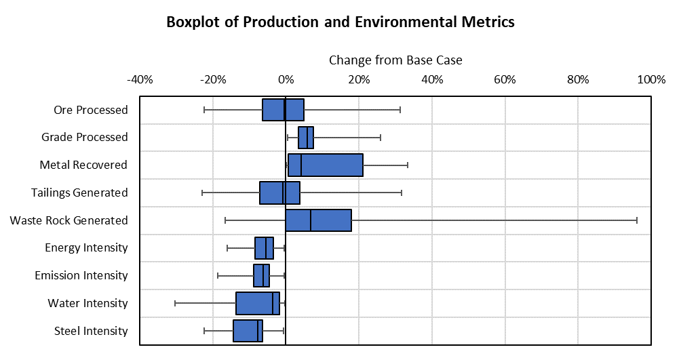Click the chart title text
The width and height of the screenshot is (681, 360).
(x=340, y=22)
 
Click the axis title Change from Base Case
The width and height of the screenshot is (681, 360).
(x=395, y=60)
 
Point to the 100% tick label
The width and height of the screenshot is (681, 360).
(x=651, y=79)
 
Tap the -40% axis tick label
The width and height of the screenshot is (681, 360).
(x=140, y=79)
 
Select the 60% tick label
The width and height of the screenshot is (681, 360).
(x=505, y=79)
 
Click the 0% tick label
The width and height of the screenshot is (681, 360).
(x=286, y=79)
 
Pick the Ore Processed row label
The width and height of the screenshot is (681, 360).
(x=90, y=110)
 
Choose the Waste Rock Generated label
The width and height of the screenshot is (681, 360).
(x=69, y=220)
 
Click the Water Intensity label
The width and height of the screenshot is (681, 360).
(x=87, y=303)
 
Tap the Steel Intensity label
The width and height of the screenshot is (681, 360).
(x=91, y=331)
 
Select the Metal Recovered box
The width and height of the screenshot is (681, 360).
(x=325, y=165)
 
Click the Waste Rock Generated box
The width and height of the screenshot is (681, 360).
(x=318, y=220)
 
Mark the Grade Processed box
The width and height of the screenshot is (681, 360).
(x=306, y=138)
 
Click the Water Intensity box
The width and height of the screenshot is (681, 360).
(x=257, y=303)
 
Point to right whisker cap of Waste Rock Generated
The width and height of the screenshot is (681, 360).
(x=637, y=220)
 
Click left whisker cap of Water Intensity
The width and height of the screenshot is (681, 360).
(x=175, y=303)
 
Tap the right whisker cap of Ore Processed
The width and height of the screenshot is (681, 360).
(x=400, y=110)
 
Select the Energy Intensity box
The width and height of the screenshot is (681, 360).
(x=264, y=248)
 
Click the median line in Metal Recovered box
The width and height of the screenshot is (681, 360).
(x=301, y=165)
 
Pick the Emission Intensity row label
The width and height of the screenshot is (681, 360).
(x=81, y=275)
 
